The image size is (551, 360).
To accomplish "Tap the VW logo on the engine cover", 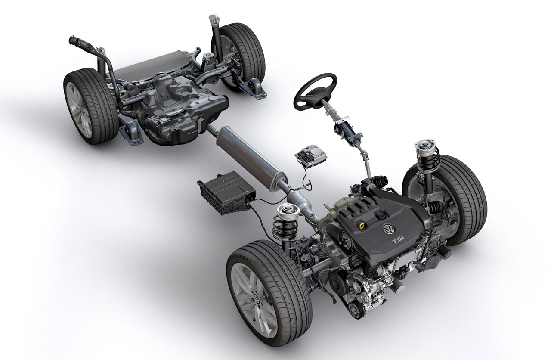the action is [389, 230].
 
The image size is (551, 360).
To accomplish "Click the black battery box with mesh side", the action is [226, 193].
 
